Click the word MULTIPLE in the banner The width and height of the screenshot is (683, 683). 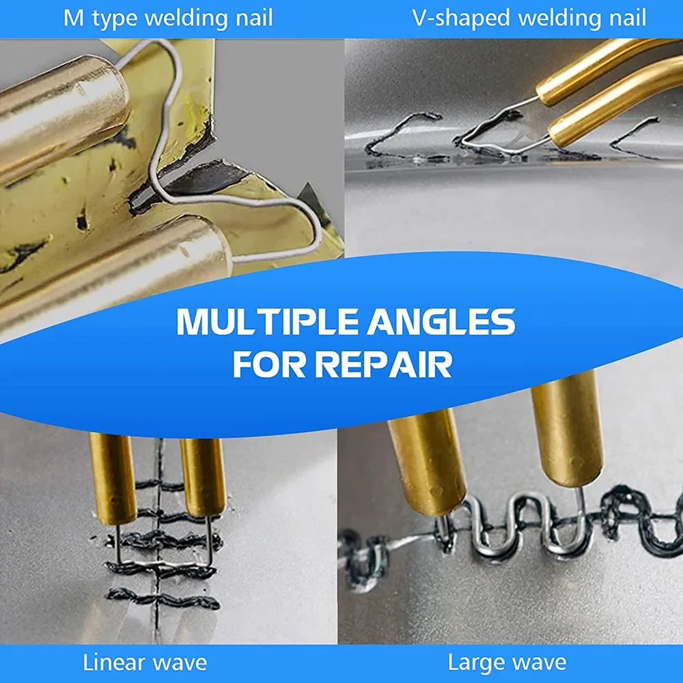(266, 322)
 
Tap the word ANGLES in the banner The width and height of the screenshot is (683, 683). (440, 322)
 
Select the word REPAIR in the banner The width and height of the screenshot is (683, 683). (384, 365)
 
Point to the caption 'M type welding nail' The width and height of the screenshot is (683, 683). (168, 18)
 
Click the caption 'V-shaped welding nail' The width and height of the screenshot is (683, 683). (529, 18)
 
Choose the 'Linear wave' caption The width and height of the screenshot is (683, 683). (145, 662)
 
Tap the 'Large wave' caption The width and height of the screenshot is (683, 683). (507, 662)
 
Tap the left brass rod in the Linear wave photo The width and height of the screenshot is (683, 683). (113, 478)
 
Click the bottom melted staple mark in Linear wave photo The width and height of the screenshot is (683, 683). (164, 599)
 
